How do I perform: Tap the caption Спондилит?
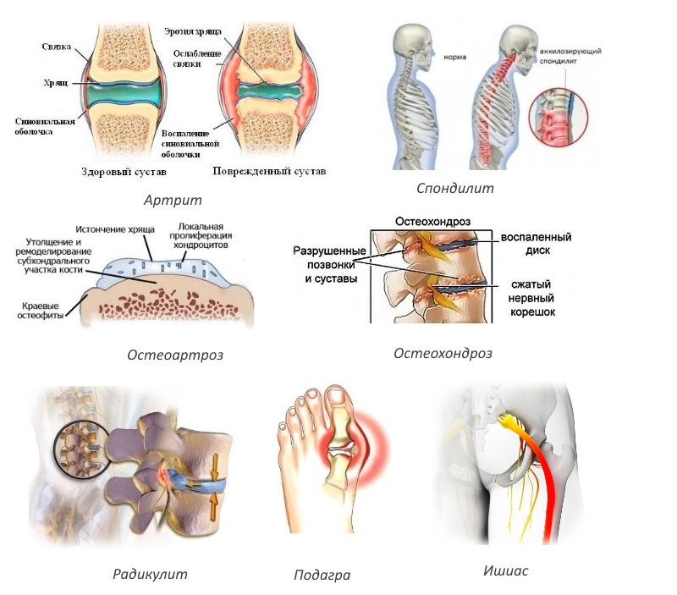454,188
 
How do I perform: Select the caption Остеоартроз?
175,355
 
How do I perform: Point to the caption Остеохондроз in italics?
443,353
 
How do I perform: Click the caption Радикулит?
151,574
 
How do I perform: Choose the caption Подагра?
322,576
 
